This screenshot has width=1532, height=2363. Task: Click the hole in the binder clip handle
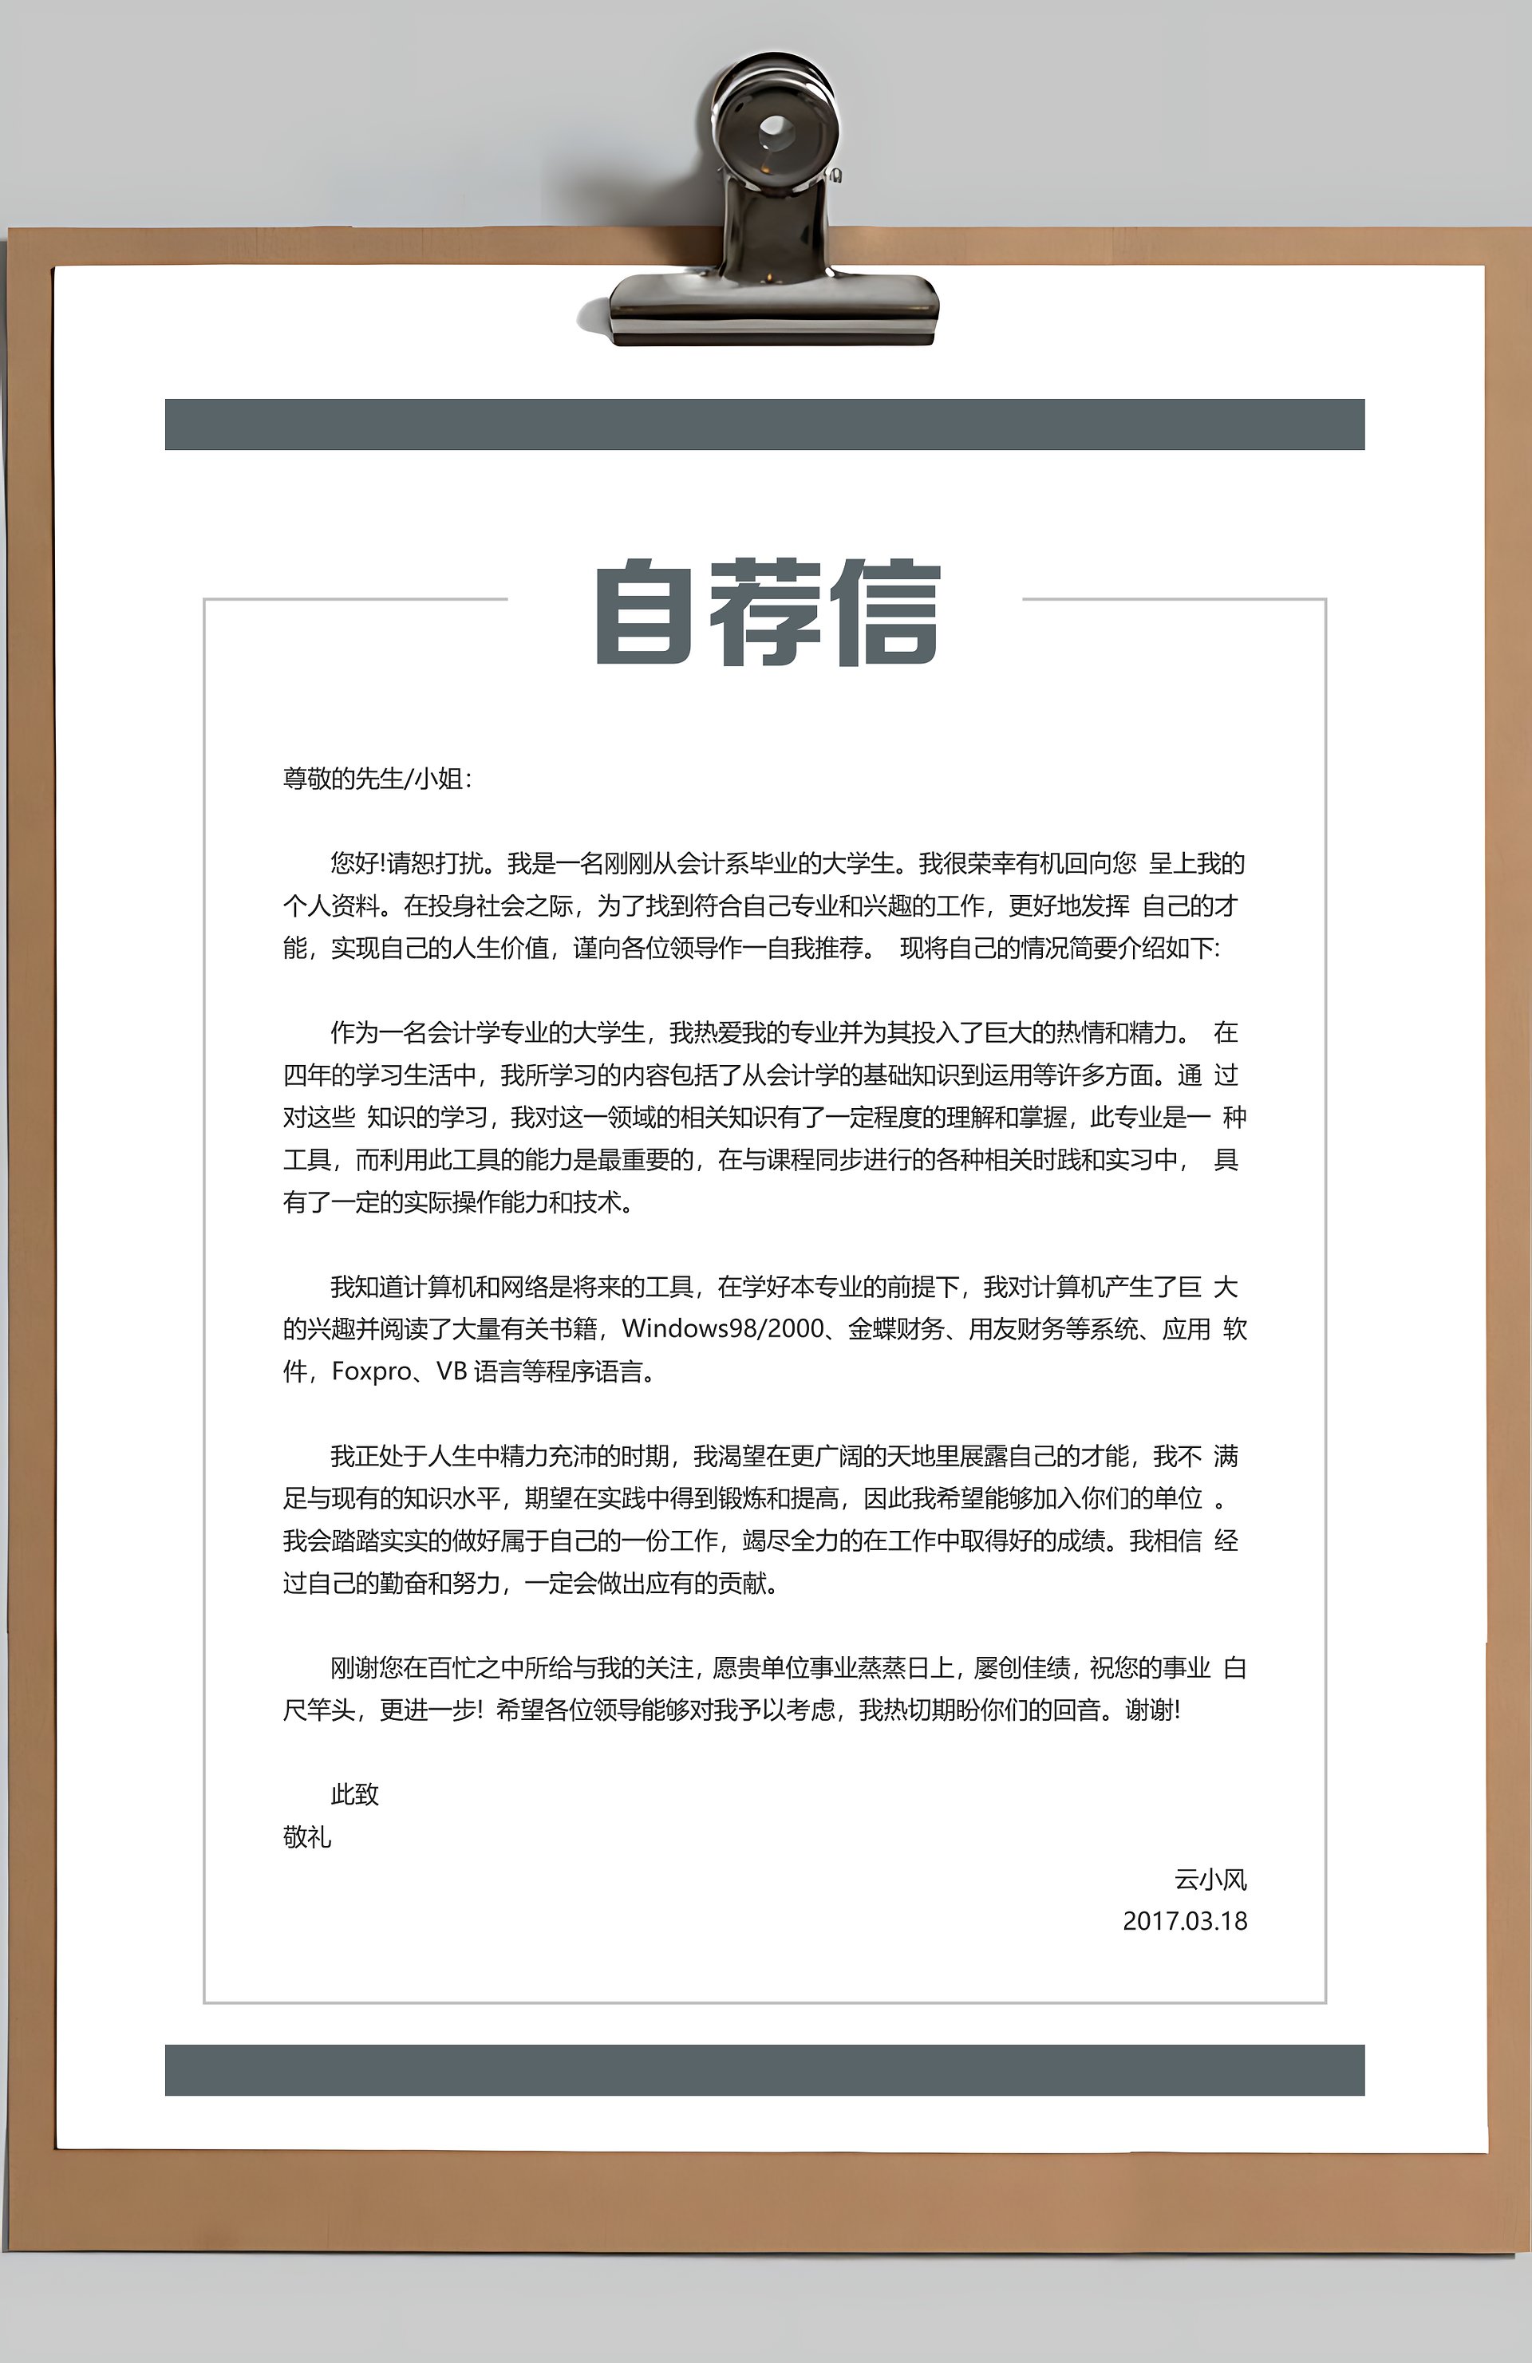(772, 129)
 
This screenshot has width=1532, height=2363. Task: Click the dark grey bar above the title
(764, 424)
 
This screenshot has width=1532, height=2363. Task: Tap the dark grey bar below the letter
(764, 2070)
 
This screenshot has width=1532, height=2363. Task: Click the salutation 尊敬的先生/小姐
(377, 779)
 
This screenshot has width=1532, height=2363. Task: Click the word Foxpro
(371, 1371)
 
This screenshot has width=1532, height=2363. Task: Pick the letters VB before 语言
(452, 1371)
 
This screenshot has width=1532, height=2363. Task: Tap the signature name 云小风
(1210, 1880)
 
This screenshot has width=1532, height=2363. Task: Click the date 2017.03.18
(1184, 1921)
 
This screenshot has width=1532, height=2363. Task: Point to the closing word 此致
(354, 1794)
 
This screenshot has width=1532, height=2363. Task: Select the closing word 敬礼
(306, 1838)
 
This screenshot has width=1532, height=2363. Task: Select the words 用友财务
(1017, 1328)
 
